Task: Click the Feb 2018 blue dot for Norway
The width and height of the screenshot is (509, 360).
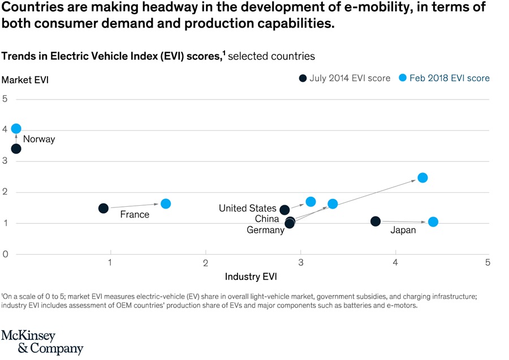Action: pos(16,129)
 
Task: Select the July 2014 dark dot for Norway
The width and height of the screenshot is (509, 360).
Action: pos(16,149)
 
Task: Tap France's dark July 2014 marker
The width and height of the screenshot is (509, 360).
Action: pos(103,208)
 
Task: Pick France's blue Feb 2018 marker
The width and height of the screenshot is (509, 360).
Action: pos(166,203)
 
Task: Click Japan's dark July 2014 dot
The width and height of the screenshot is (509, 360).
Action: pos(376,221)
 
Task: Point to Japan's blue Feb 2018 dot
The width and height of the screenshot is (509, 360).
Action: pos(433,222)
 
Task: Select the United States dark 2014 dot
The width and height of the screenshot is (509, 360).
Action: pos(284,210)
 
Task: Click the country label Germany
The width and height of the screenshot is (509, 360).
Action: pos(265,230)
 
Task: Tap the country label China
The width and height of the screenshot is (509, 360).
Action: pos(267,219)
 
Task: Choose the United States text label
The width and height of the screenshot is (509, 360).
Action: pos(248,209)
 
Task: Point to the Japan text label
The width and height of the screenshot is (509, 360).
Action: pos(403,230)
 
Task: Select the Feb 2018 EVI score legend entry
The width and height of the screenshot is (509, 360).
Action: pos(444,78)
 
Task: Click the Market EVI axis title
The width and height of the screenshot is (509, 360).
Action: pos(25,80)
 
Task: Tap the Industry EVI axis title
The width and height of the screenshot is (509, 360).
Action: pos(251,276)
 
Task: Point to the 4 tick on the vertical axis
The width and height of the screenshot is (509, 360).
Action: pos(5,129)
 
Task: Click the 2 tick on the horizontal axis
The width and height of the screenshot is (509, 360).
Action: pos(206,262)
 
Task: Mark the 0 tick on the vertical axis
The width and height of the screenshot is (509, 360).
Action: pos(5,254)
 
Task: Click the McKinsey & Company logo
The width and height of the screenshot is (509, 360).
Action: pos(42,342)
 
